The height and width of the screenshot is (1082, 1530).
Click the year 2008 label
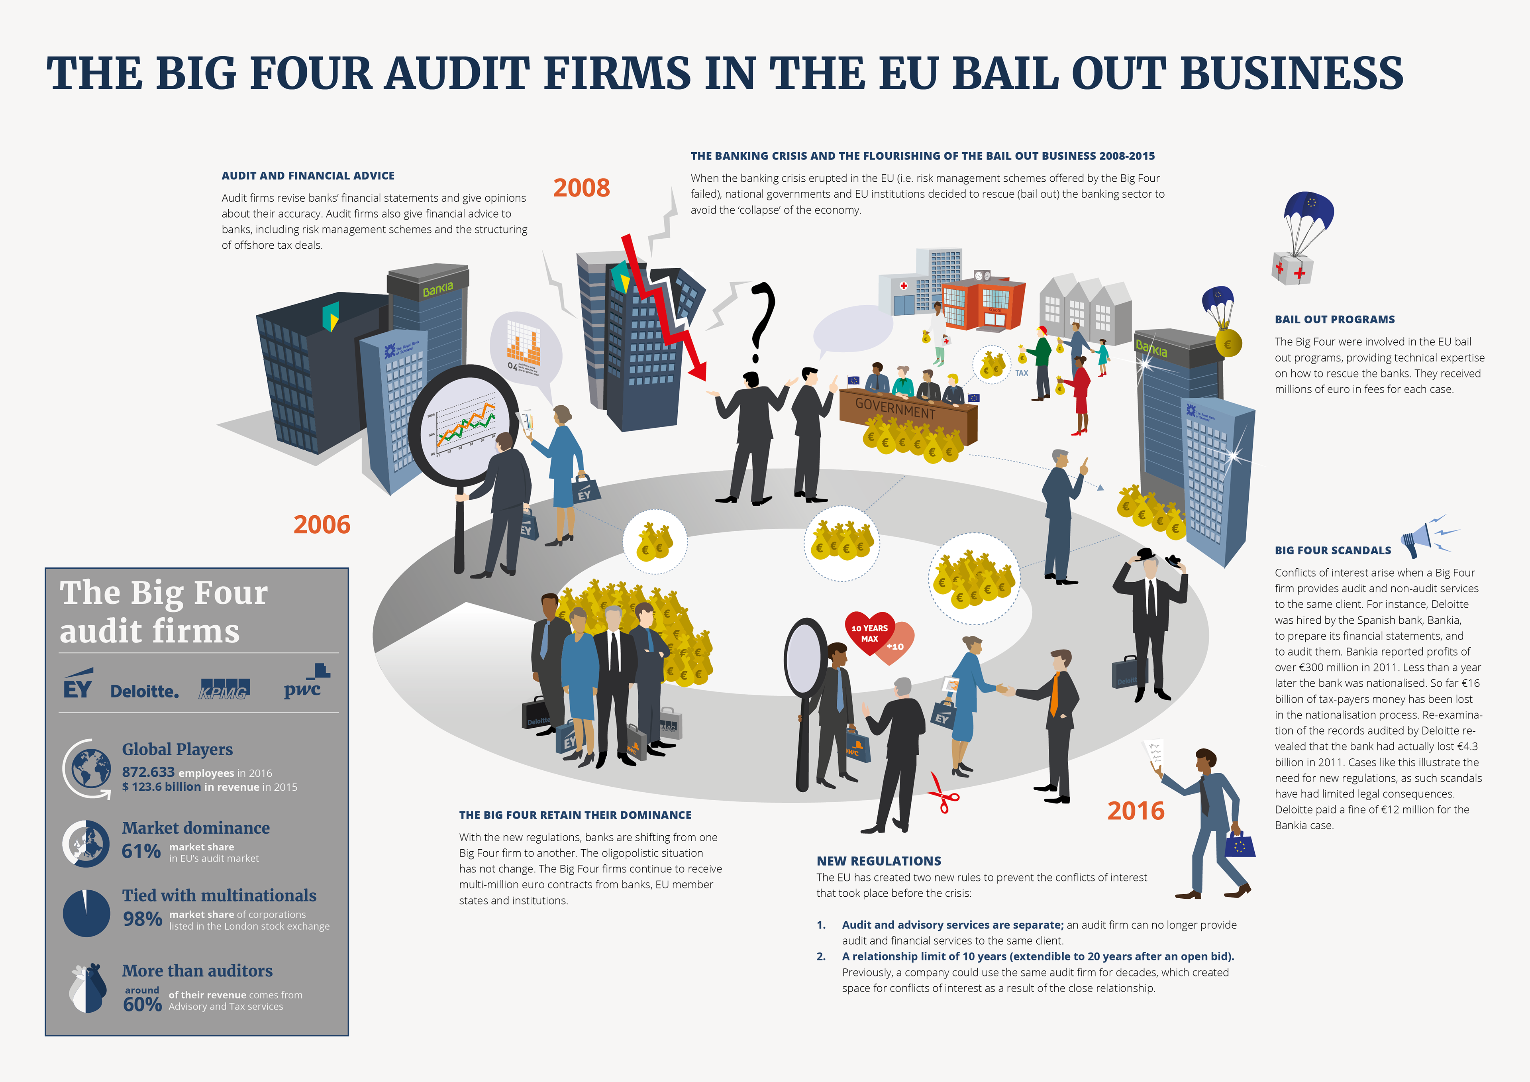tap(581, 188)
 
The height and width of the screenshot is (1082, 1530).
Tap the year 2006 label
tap(322, 525)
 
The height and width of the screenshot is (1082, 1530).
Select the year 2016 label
tap(1136, 811)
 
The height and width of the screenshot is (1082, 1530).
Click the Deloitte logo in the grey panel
tap(145, 691)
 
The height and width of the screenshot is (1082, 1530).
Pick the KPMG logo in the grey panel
tap(224, 689)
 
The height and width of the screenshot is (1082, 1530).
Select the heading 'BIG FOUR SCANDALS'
tap(1333, 551)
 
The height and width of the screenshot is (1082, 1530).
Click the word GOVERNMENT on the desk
tap(895, 408)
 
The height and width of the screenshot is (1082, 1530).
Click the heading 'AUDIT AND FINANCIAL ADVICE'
tap(308, 176)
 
